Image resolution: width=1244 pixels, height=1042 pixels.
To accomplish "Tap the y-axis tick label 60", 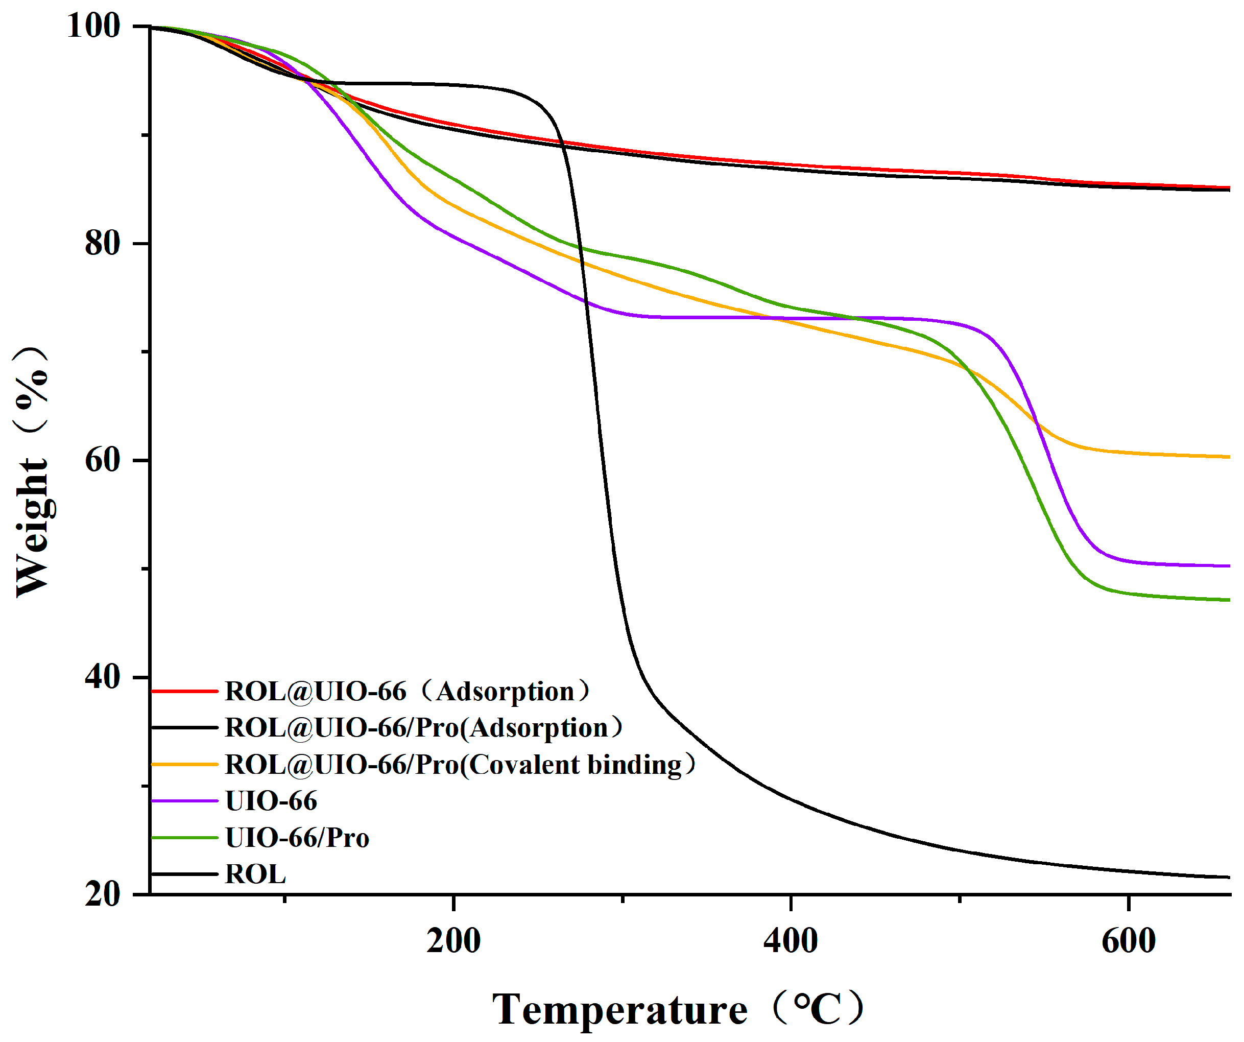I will click(x=103, y=460).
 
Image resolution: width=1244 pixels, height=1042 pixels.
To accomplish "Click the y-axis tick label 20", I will click(x=103, y=894).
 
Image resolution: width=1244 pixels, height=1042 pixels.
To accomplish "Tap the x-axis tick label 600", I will click(x=1128, y=941).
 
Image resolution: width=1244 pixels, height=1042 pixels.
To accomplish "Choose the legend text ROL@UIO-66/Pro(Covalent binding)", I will click(x=460, y=765).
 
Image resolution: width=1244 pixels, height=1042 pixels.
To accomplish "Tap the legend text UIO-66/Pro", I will click(x=297, y=838).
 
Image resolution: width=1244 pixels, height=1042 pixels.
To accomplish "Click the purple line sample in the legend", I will click(x=185, y=801).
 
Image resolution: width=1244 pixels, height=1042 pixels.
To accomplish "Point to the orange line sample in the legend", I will click(x=185, y=765).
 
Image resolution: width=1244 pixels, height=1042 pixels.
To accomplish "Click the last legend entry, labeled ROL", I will click(x=255, y=874).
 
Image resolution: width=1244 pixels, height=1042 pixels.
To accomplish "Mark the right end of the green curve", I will click(x=1229, y=600).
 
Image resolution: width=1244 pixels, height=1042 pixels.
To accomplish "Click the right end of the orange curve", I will click(x=1229, y=457).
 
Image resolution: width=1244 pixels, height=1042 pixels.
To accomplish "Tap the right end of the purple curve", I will click(x=1229, y=566).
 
